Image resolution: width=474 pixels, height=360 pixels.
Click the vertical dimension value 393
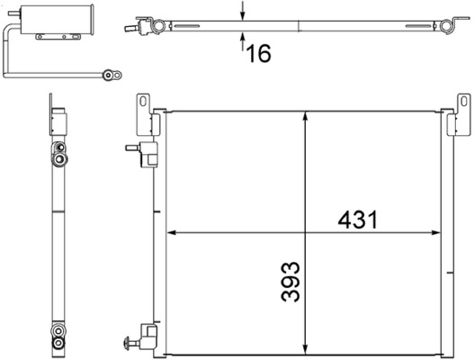coord(289,282)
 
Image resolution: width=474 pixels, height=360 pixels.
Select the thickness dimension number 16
coord(258,54)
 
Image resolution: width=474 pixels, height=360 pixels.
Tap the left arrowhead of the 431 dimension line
coord(172,233)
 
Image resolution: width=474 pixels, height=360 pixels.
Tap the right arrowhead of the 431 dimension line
coord(443,233)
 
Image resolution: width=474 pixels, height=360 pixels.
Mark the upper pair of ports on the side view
coord(59,153)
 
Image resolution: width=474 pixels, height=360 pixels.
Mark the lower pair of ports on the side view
coord(59,334)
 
